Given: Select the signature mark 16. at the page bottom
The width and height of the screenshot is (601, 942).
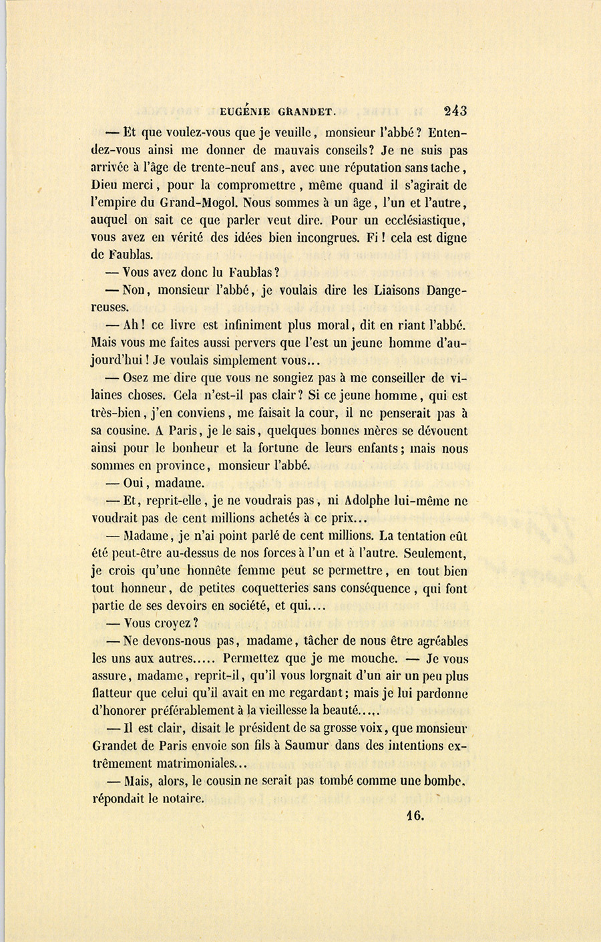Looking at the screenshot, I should [x=415, y=814].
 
